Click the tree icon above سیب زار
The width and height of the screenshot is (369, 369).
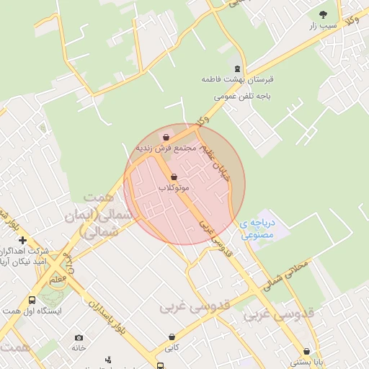[322, 14]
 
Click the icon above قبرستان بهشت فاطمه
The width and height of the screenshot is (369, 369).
[238, 69]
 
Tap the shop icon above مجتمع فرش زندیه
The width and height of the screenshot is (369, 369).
[166, 137]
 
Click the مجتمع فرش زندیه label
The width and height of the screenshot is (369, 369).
[166, 148]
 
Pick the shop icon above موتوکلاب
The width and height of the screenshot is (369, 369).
[173, 177]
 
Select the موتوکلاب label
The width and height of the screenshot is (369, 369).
[174, 187]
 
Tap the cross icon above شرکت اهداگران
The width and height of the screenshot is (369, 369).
[23, 240]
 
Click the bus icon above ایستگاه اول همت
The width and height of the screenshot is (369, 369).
[32, 301]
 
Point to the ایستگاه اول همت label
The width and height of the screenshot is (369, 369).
[34, 311]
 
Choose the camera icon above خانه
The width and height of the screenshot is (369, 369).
[79, 337]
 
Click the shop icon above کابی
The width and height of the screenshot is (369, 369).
[172, 337]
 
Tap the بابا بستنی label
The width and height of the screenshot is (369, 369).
[306, 363]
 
